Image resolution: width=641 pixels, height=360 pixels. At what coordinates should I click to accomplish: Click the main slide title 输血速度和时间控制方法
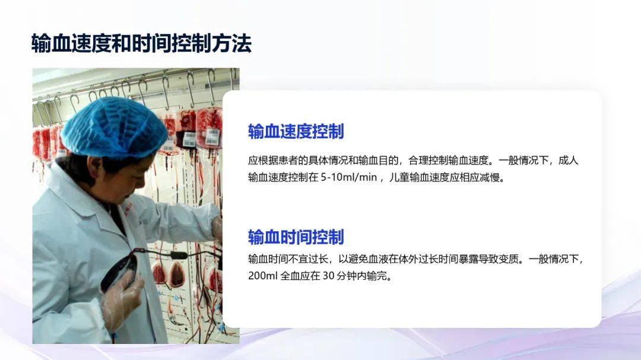click(141, 43)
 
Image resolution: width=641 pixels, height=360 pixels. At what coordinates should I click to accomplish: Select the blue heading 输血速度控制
click(296, 132)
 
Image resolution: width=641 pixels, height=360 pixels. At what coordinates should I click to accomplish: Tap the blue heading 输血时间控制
click(296, 237)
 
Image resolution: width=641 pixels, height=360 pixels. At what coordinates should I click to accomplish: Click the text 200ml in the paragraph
click(263, 276)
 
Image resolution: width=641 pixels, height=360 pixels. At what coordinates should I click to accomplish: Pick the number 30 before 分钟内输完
click(329, 276)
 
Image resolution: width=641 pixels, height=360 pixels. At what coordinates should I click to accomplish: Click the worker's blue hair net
click(114, 128)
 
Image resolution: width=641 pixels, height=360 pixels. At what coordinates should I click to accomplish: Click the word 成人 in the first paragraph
click(569, 161)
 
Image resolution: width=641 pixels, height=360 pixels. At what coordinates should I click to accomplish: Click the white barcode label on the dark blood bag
click(189, 140)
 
